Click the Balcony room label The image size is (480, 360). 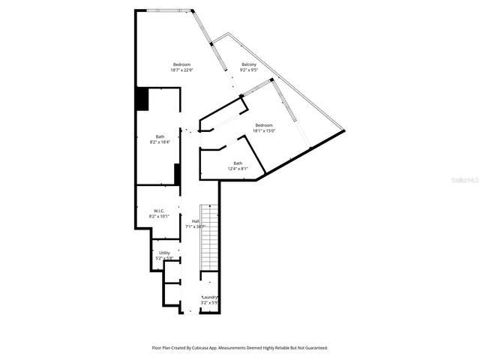(x=248, y=64)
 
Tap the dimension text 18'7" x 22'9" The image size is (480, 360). (x=182, y=70)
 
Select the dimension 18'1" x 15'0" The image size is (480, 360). (x=264, y=130)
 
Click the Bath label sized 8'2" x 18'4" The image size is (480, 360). (x=160, y=136)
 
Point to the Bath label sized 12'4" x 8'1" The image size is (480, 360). (x=238, y=163)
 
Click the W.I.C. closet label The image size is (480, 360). (x=159, y=211)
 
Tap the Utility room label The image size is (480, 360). (x=164, y=253)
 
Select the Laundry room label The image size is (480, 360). (x=210, y=297)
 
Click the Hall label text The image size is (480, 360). (x=195, y=221)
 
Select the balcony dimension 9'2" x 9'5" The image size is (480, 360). (x=248, y=70)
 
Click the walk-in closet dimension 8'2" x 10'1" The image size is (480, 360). (x=159, y=217)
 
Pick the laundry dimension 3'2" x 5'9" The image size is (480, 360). (x=210, y=303)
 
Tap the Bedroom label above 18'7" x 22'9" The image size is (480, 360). (x=182, y=64)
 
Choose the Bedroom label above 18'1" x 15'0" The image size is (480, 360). (x=264, y=124)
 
